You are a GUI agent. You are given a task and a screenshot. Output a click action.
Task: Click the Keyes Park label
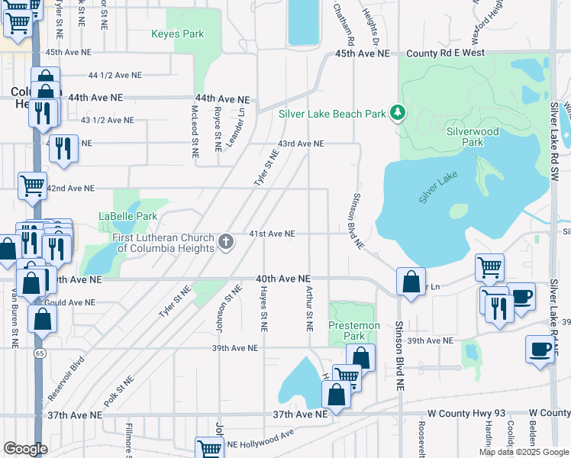click(177, 34)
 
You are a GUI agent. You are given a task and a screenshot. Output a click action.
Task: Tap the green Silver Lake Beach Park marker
click(397, 114)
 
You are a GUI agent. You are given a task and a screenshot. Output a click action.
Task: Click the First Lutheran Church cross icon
click(225, 242)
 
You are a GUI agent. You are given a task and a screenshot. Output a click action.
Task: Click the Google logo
click(25, 449)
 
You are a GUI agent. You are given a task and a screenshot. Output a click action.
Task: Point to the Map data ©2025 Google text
click(523, 452)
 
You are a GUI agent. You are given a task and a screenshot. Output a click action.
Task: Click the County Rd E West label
click(446, 53)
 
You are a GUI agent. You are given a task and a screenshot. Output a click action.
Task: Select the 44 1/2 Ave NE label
click(115, 76)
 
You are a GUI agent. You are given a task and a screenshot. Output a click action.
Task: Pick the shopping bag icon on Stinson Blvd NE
click(411, 282)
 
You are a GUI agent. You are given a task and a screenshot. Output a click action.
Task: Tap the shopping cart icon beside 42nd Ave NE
click(32, 184)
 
